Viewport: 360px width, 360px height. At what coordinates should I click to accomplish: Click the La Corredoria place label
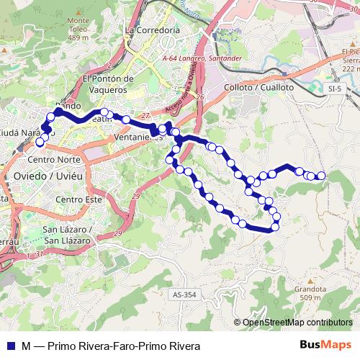(151, 31)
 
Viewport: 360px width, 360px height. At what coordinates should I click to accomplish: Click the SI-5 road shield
(333, 88)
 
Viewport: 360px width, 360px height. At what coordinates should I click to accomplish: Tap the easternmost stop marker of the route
(321, 176)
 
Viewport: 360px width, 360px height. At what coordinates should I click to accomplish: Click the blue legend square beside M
(9, 346)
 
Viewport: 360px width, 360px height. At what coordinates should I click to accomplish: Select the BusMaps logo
(326, 346)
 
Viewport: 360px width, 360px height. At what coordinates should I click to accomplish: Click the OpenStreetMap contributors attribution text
(297, 323)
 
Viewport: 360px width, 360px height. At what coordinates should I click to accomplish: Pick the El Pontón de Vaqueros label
(109, 84)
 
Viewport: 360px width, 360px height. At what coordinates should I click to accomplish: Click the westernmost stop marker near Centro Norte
(40, 143)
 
